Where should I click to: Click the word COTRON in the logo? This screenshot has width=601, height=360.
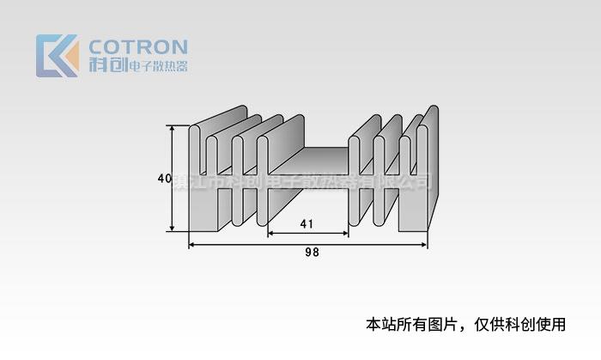point(137,46)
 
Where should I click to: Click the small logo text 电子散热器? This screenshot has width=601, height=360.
point(158,67)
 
